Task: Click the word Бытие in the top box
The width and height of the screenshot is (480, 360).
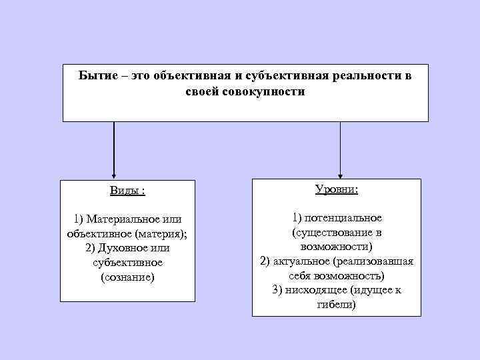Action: [96, 76]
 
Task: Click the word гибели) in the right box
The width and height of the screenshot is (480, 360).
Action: [336, 305]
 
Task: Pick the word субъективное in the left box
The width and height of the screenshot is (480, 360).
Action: [127, 263]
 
